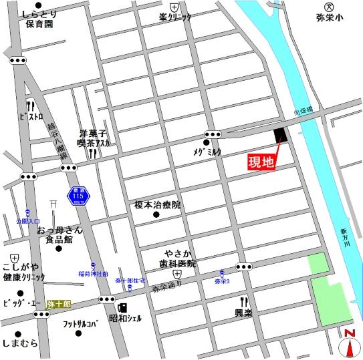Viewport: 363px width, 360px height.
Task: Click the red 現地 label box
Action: coord(261,162)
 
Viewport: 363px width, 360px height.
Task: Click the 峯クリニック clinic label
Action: coord(175,17)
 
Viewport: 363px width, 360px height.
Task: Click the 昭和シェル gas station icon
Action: coord(122,308)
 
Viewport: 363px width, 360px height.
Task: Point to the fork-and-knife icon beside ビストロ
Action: coord(30,106)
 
